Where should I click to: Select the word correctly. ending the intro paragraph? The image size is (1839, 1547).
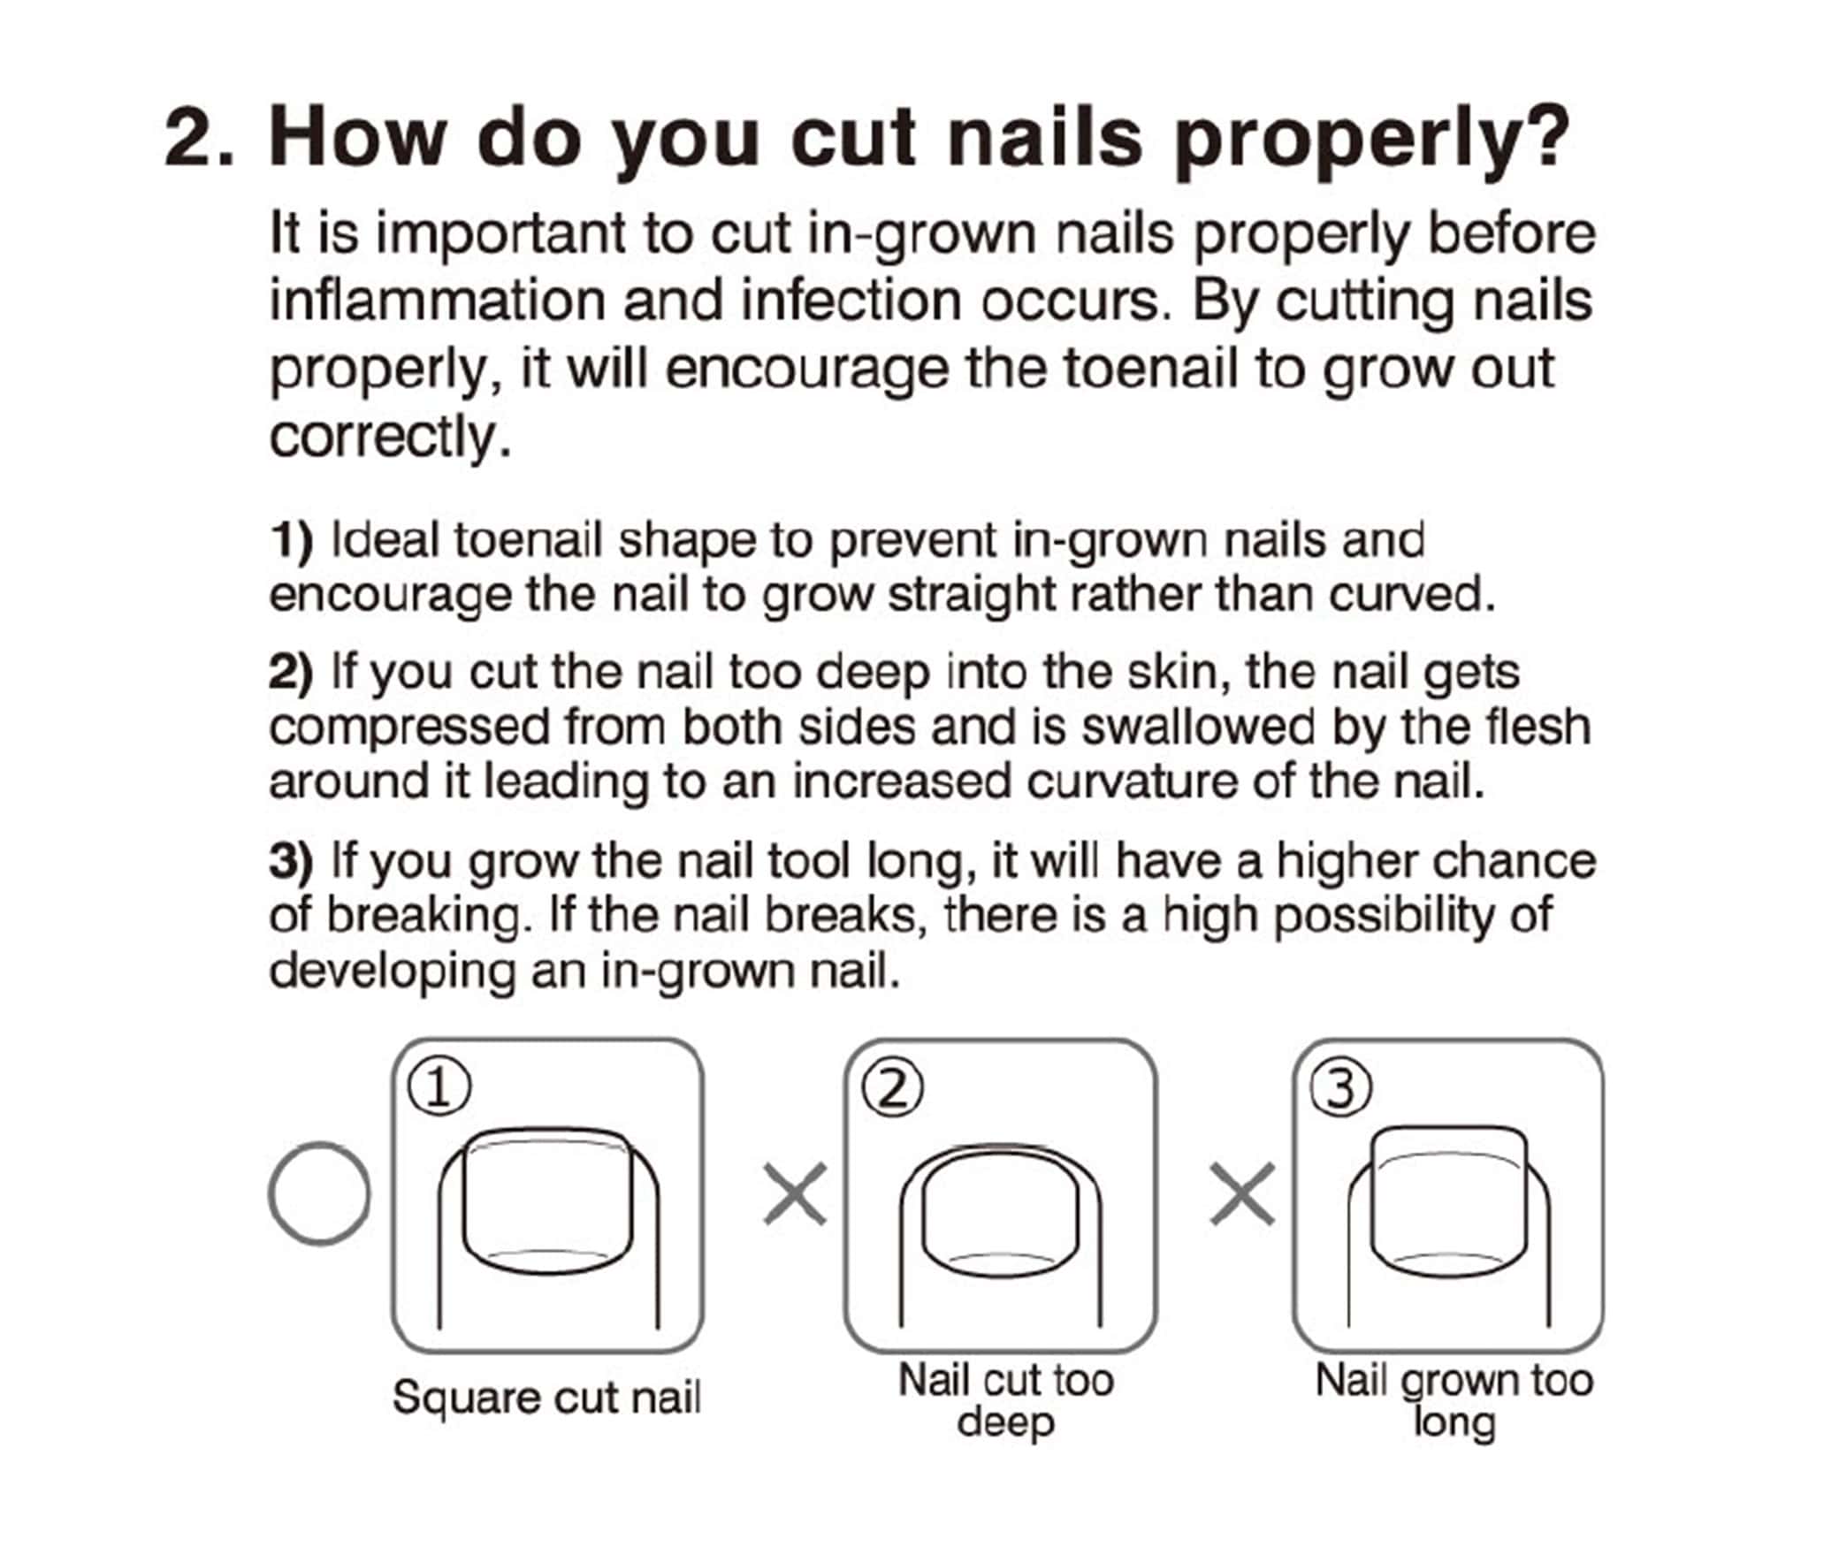click(390, 437)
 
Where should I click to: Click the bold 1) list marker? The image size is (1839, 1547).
click(291, 540)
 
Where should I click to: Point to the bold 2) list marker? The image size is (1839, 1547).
click(291, 673)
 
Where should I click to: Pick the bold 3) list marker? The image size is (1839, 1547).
click(291, 862)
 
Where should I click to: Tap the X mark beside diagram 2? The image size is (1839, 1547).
click(795, 1194)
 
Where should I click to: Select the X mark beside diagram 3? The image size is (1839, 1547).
click(1242, 1194)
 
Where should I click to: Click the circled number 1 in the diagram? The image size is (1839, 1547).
click(439, 1088)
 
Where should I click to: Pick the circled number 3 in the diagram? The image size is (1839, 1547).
click(1340, 1088)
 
